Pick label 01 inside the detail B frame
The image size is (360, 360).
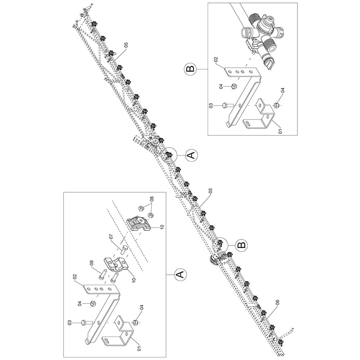280,131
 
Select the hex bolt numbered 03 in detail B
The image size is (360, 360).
228,105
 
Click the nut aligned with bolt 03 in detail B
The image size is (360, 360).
276,105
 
